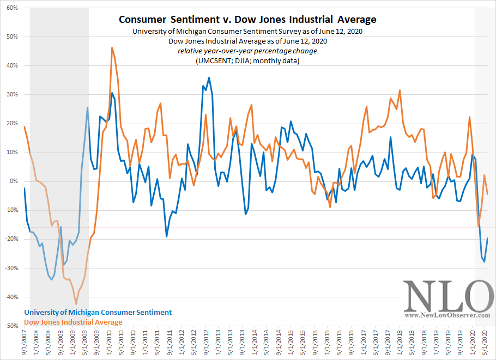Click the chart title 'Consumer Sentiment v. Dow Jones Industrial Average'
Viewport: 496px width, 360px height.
[247, 20]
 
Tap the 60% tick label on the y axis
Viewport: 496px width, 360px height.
[12, 8]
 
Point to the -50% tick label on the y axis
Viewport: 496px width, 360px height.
[11, 326]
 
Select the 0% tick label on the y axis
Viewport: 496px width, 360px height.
[14, 181]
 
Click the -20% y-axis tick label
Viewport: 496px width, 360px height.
[11, 239]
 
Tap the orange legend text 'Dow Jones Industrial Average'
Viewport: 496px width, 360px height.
[74, 322]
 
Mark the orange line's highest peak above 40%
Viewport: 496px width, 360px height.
[112, 47]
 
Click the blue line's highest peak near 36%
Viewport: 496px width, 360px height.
[209, 78]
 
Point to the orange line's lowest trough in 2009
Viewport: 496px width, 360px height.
[76, 304]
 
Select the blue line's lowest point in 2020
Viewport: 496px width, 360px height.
[485, 261]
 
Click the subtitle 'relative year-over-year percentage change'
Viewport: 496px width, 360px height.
[247, 51]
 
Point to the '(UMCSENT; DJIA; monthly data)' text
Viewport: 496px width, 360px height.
[247, 60]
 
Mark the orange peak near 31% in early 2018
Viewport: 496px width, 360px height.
[400, 90]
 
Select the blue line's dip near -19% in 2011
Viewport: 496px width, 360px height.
[167, 236]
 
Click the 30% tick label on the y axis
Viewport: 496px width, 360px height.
[12, 95]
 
